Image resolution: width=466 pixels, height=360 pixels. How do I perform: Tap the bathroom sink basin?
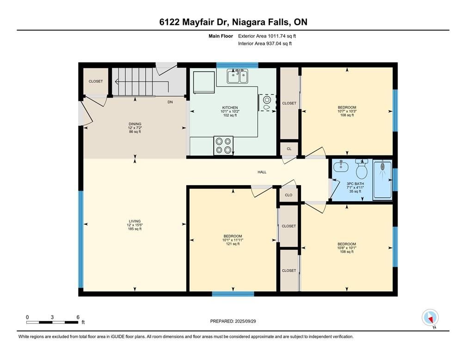click(x=341, y=167)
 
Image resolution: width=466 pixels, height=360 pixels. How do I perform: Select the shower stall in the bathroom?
click(x=382, y=180)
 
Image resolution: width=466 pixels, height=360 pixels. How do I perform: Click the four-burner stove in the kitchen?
click(x=223, y=145)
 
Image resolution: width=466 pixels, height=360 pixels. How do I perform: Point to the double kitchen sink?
click(x=238, y=76)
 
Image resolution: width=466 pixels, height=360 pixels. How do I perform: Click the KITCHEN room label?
click(x=230, y=108)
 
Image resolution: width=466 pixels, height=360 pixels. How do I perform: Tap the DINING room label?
click(x=135, y=124)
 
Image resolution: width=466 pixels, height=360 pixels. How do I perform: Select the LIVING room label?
click(x=135, y=221)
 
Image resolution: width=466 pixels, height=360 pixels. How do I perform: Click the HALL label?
click(x=262, y=172)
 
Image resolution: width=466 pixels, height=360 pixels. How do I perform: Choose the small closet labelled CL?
click(x=289, y=149)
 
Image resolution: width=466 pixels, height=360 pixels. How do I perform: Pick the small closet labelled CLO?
click(x=288, y=195)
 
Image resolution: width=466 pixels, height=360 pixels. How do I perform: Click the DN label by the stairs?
click(x=170, y=102)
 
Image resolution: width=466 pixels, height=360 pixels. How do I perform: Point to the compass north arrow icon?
click(x=430, y=318)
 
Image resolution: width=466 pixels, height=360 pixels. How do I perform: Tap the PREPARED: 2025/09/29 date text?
click(x=233, y=321)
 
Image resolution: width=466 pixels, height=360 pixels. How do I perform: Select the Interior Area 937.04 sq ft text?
click(x=265, y=43)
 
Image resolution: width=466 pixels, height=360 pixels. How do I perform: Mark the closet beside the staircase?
click(x=96, y=81)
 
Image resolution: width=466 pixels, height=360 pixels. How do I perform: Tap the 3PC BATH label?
click(x=355, y=184)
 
